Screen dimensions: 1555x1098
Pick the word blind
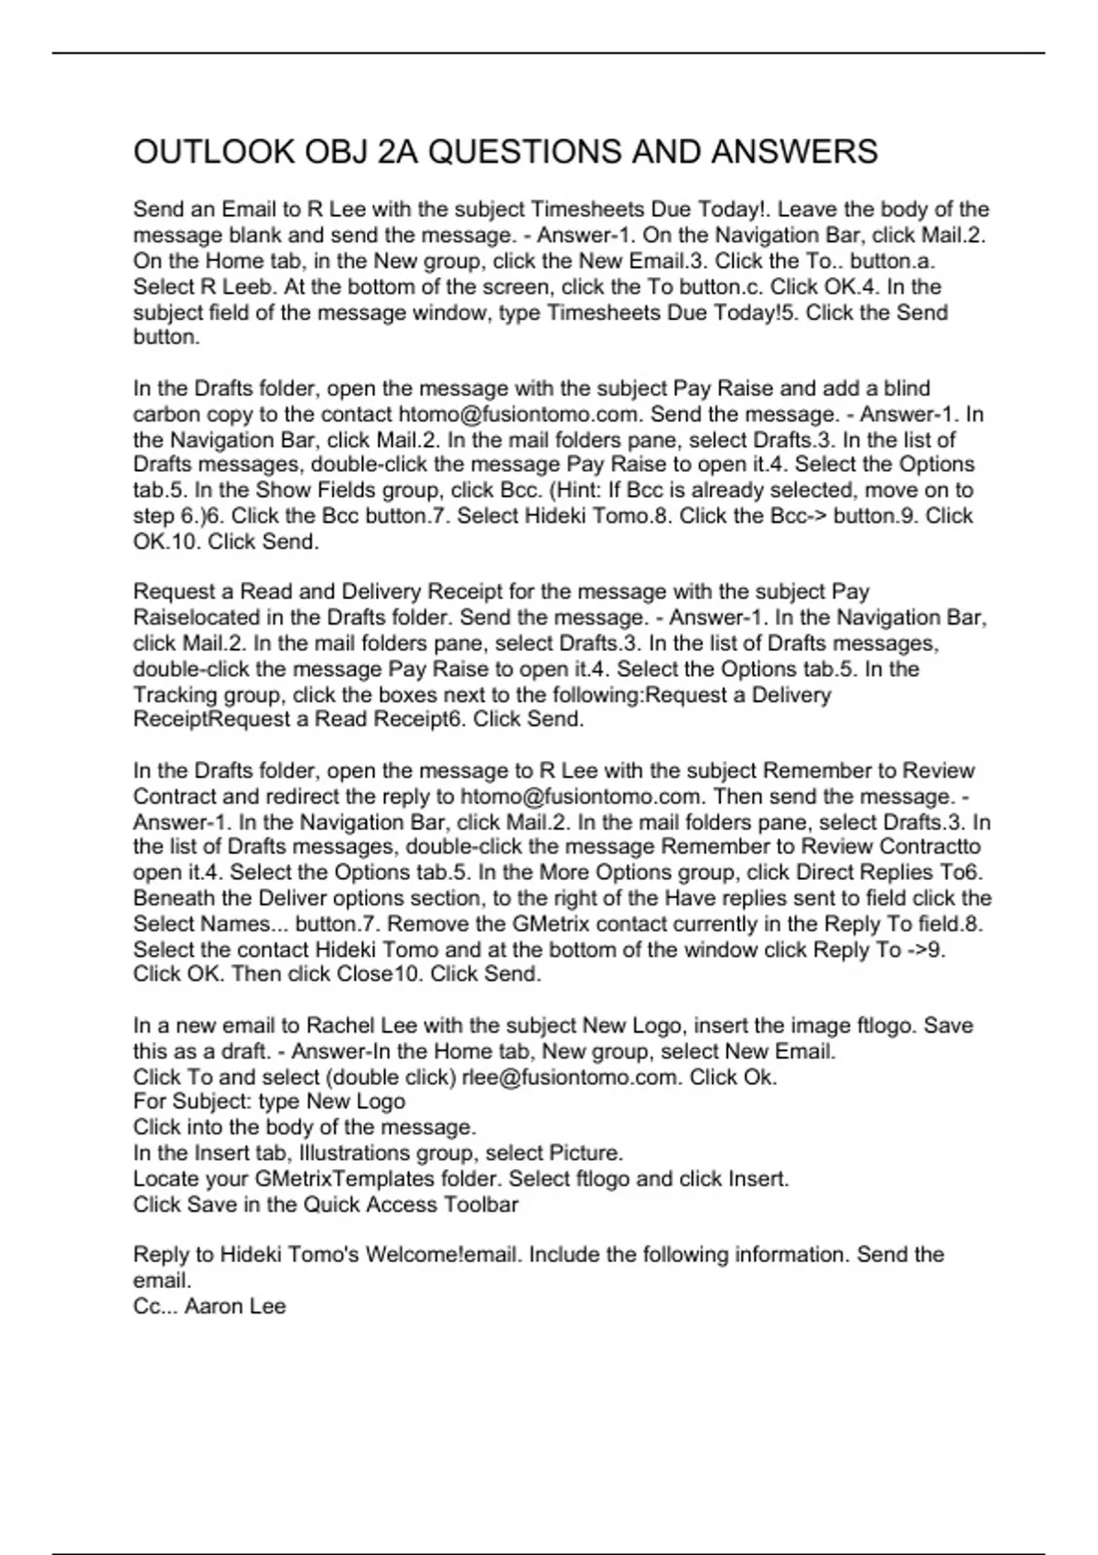point(907,389)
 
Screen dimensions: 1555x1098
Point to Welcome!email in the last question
point(445,1255)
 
